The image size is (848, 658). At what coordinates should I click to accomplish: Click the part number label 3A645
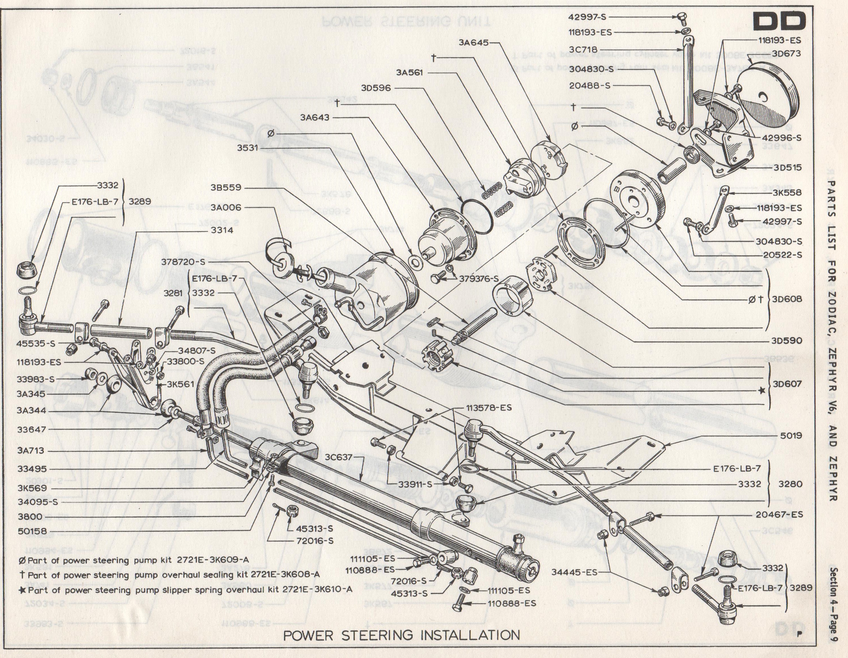coord(473,42)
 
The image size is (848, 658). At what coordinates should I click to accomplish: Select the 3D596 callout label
coord(376,88)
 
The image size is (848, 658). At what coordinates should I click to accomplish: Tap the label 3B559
coord(226,187)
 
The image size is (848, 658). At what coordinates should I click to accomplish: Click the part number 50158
coord(32,531)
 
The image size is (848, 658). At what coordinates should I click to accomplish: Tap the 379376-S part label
coord(479,278)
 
